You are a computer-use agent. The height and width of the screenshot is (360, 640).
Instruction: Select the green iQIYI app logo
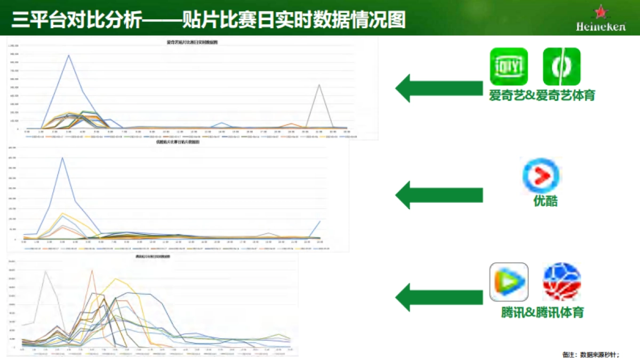tap(509, 67)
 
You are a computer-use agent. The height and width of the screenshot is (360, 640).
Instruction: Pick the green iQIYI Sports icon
tap(562, 67)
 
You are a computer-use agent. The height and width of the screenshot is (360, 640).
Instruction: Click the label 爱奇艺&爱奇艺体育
tap(542, 96)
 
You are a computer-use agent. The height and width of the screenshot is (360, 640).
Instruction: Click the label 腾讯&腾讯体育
tap(542, 312)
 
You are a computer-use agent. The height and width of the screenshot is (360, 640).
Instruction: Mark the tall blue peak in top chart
tap(68, 55)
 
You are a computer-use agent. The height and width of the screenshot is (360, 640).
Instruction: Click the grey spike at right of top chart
tap(319, 85)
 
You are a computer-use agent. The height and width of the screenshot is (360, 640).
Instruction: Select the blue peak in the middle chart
tap(62, 158)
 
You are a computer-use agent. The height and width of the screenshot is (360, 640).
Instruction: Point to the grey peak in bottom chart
tap(45, 271)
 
